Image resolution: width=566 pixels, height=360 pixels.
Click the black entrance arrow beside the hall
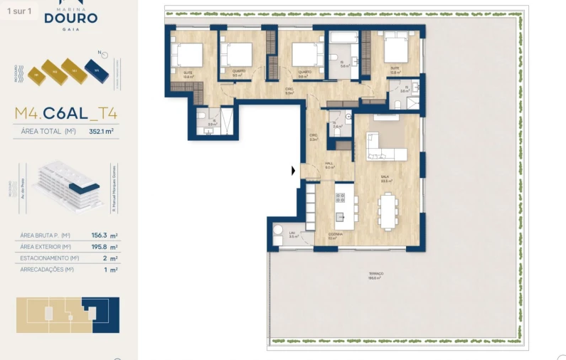tap(293, 171)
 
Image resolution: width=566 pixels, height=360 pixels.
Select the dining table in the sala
tap(388, 211)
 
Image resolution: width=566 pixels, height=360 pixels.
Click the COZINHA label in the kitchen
tap(335, 235)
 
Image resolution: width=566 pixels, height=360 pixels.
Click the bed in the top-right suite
tap(393, 50)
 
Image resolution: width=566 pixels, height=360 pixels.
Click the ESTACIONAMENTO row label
tap(45, 258)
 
